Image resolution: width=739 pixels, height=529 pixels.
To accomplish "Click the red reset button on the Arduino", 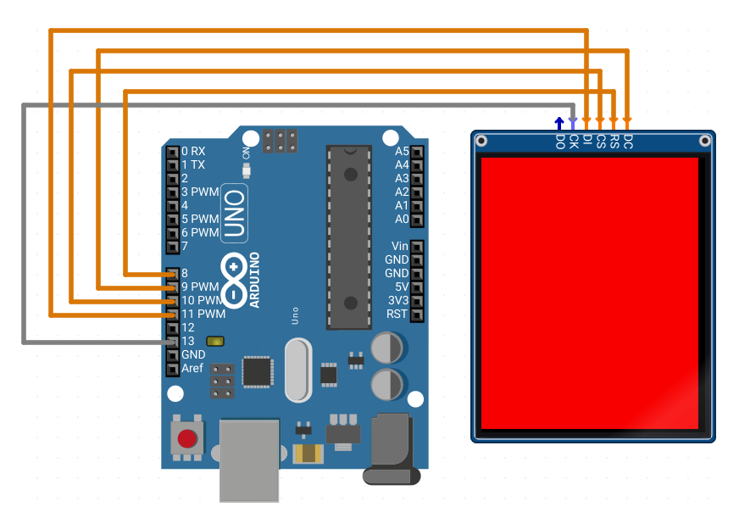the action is click(187, 438).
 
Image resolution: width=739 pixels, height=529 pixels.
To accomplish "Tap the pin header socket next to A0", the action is click(417, 220).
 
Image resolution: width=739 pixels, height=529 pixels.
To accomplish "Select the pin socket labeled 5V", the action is click(417, 287).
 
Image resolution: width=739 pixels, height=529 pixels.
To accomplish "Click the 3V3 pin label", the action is click(398, 300).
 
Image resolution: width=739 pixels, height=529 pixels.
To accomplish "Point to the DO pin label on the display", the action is click(560, 142).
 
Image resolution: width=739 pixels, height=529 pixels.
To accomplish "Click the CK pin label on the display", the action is click(574, 142).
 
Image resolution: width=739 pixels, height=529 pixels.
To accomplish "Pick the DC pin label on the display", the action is click(628, 142).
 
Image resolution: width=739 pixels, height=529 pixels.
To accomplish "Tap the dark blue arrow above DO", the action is click(559, 123).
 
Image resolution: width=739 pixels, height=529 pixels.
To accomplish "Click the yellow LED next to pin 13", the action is click(215, 341).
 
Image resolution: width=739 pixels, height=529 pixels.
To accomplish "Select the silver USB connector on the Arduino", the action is click(249, 460).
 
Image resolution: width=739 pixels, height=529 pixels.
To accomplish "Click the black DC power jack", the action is click(392, 448).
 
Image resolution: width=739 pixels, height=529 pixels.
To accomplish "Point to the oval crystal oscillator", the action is click(298, 370).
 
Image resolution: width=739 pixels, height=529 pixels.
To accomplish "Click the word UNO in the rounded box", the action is click(234, 213).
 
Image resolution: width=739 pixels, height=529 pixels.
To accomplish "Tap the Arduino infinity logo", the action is click(234, 281).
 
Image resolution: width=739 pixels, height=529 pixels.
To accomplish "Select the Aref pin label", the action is click(192, 368).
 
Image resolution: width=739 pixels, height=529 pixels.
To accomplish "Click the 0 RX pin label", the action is click(193, 151).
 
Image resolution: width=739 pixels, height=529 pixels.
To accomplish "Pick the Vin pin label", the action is click(400, 246).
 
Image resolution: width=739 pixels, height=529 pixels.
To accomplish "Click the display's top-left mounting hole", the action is click(481, 141).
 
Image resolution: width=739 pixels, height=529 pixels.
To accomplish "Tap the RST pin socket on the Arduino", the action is click(417, 315).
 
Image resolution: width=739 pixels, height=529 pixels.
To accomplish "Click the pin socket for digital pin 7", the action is click(173, 246).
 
